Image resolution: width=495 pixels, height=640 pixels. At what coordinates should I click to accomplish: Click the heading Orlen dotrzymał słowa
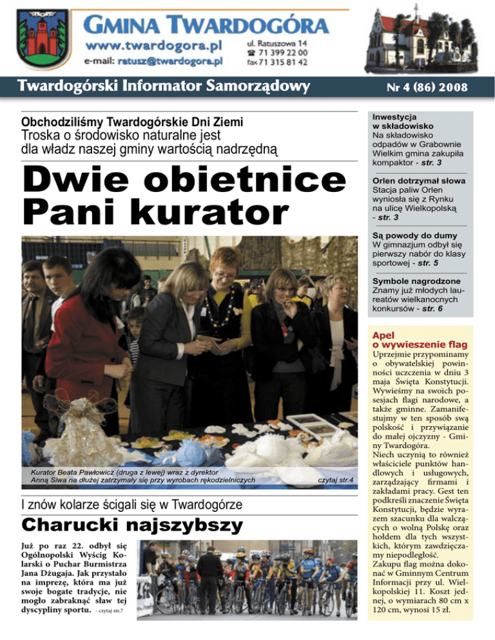[419, 181]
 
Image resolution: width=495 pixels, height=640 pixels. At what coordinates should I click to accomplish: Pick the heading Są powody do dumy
[405, 234]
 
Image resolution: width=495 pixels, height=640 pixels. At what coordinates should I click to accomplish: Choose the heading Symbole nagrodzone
[410, 281]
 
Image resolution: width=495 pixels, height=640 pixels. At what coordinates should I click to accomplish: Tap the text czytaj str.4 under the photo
[336, 480]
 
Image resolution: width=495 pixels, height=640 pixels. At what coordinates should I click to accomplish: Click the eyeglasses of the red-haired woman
[225, 274]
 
